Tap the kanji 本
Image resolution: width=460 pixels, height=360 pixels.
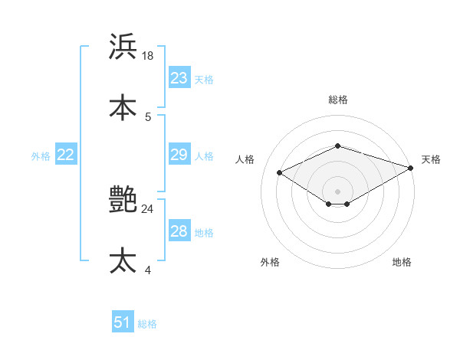click(123, 107)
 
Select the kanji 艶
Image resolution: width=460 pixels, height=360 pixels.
click(123, 200)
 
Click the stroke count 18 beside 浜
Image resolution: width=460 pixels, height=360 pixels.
click(148, 55)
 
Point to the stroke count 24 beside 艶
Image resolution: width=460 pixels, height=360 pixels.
click(148, 208)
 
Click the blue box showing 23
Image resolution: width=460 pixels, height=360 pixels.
click(179, 78)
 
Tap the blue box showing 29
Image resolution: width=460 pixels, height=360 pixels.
click(179, 155)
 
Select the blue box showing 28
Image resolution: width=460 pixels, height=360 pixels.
click(179, 231)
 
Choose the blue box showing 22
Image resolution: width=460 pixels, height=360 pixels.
click(66, 155)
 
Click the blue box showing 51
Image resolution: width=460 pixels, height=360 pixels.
click(123, 322)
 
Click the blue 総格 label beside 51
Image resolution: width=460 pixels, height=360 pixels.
click(147, 324)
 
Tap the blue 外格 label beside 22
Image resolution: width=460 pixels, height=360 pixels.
click(41, 156)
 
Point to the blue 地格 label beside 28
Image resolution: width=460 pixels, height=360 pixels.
click(204, 233)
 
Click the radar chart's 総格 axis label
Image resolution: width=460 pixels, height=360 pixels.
click(337, 100)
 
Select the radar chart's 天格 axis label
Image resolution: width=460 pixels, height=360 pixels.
click(431, 159)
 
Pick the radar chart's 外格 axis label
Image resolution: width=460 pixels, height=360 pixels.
click(270, 262)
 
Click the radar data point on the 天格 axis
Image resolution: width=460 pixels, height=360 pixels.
click(412, 167)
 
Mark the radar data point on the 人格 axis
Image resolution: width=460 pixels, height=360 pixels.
click(280, 172)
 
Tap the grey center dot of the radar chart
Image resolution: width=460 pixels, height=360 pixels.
click(337, 191)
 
